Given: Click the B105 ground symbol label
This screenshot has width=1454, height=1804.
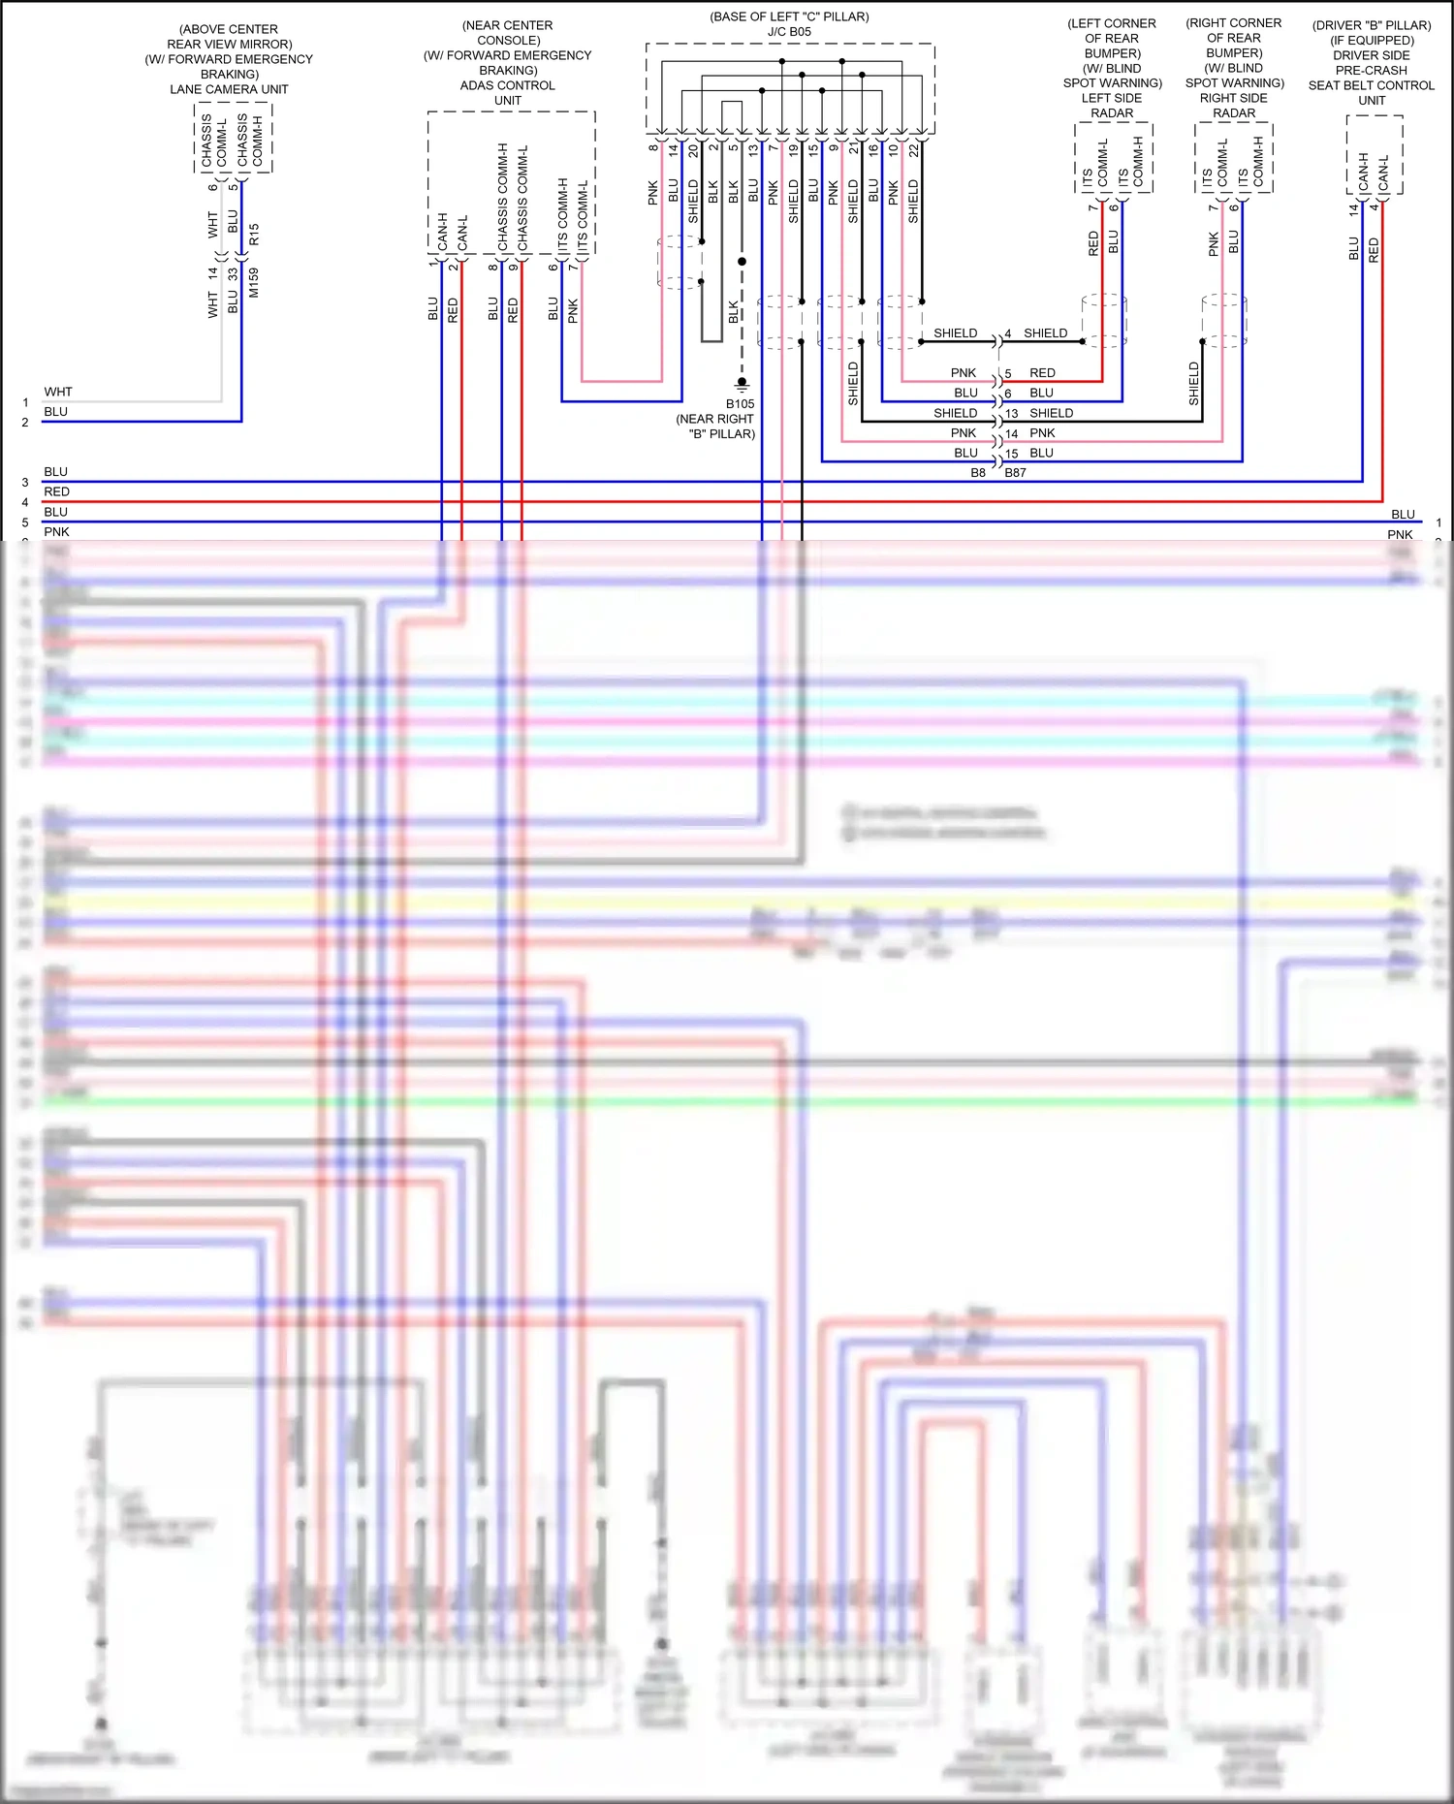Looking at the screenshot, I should [740, 404].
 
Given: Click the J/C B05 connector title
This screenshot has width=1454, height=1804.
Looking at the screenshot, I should [789, 32].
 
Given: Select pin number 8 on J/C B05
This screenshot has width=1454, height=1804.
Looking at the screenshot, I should [652, 148].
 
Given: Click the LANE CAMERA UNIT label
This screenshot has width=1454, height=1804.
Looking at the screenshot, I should [229, 89].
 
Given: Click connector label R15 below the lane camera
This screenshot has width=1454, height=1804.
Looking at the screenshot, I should [254, 234].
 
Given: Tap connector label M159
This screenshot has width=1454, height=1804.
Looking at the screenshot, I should [254, 283].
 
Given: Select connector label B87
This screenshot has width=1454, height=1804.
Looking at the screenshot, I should [1015, 473].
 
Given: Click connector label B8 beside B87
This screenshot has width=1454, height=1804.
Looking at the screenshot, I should [978, 473].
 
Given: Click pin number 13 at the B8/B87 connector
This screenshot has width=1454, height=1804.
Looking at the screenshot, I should [1011, 413].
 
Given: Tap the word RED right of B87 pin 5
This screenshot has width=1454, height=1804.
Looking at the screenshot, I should [1042, 373].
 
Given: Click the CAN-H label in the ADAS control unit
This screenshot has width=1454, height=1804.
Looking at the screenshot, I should [442, 231].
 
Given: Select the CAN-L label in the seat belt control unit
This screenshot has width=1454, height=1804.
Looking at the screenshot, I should [1383, 172].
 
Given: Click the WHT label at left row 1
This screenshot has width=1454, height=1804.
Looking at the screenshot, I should [58, 393].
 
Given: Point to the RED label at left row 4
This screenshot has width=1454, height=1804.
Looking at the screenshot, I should [57, 492].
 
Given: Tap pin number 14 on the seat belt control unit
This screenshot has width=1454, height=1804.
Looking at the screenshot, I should [1353, 207].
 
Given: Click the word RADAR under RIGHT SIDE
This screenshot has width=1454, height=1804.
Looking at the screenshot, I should [1233, 113].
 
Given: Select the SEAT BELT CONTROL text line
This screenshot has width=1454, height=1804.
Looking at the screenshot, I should [1371, 85].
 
